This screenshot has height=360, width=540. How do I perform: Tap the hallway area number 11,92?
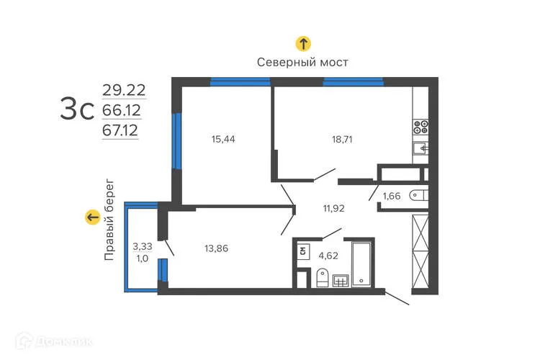pyautogui.click(x=333, y=210)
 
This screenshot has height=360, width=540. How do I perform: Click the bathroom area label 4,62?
pyautogui.click(x=328, y=254)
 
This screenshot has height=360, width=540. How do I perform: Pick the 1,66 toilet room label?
pyautogui.click(x=392, y=196)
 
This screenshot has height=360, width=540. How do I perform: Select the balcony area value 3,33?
pyautogui.click(x=142, y=247)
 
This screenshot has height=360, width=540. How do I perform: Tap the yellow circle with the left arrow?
pyautogui.click(x=92, y=217)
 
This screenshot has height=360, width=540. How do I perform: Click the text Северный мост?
pyautogui.click(x=303, y=63)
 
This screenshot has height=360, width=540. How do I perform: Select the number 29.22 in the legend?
pyautogui.click(x=123, y=90)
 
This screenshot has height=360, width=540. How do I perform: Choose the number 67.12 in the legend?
pyautogui.click(x=120, y=130)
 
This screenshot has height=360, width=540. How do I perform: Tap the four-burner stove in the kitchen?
pyautogui.click(x=421, y=128)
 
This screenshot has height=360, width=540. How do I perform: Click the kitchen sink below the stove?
pyautogui.click(x=421, y=148)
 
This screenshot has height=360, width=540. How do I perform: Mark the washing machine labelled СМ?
pyautogui.click(x=303, y=252)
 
